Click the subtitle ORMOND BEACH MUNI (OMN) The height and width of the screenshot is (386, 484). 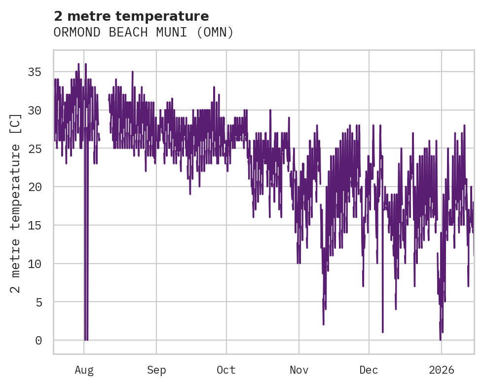tap(143, 33)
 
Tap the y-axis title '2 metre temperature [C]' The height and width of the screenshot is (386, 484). tap(16, 203)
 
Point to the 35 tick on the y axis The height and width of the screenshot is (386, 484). tap(35, 72)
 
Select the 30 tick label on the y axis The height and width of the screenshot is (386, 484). tap(35, 111)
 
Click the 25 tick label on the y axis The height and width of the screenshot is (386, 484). tap(35, 149)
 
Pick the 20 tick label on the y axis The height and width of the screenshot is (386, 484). tap(35, 187)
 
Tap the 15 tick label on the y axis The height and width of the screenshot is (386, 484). tap(35, 225)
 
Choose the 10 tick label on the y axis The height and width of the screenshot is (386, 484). tap(35, 264)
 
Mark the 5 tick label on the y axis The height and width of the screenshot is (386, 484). tap(38, 302)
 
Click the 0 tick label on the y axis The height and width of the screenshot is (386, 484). tap(38, 341)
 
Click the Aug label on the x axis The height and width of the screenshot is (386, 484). tap(84, 370)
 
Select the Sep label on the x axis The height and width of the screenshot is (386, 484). tap(156, 370)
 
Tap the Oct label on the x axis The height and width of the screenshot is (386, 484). tap(226, 370)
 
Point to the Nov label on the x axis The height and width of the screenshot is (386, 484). tap(299, 370)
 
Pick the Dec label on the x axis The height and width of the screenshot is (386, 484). tap(369, 370)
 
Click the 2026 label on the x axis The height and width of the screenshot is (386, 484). tap(441, 370)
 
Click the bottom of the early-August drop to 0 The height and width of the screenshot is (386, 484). tap(86, 340)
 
